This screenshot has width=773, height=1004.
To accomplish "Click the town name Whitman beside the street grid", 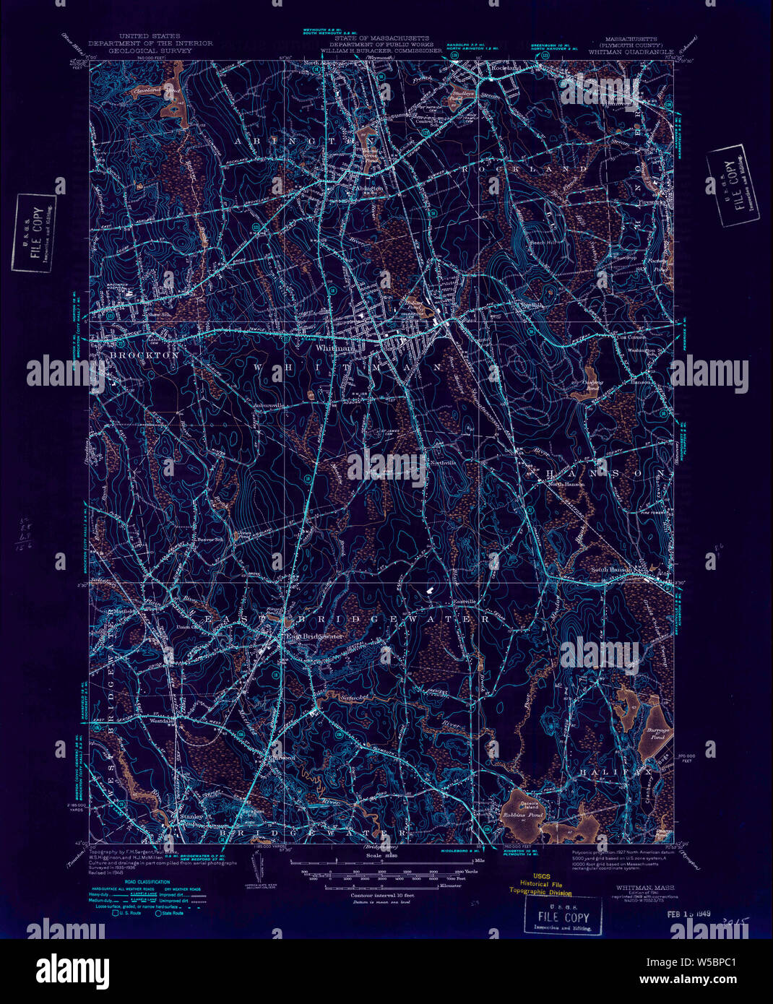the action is (x=334, y=347).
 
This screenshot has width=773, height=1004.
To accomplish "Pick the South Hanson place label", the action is (x=612, y=570).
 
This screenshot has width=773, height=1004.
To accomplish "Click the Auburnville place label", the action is (x=269, y=406).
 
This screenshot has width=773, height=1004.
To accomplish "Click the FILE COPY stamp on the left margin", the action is (x=34, y=233).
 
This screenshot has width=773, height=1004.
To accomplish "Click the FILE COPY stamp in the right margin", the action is (x=733, y=185).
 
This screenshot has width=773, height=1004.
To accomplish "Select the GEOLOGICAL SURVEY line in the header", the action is (x=150, y=51).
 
